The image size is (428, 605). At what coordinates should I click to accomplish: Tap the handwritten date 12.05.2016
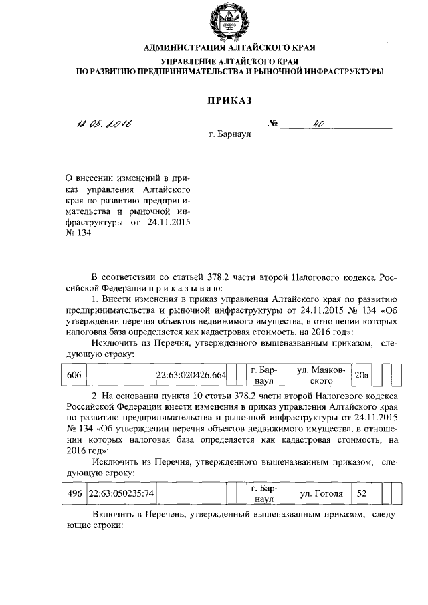pos(106,123)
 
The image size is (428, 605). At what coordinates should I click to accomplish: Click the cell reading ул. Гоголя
pos(322,493)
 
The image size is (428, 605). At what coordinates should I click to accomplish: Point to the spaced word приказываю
pos(180,287)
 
